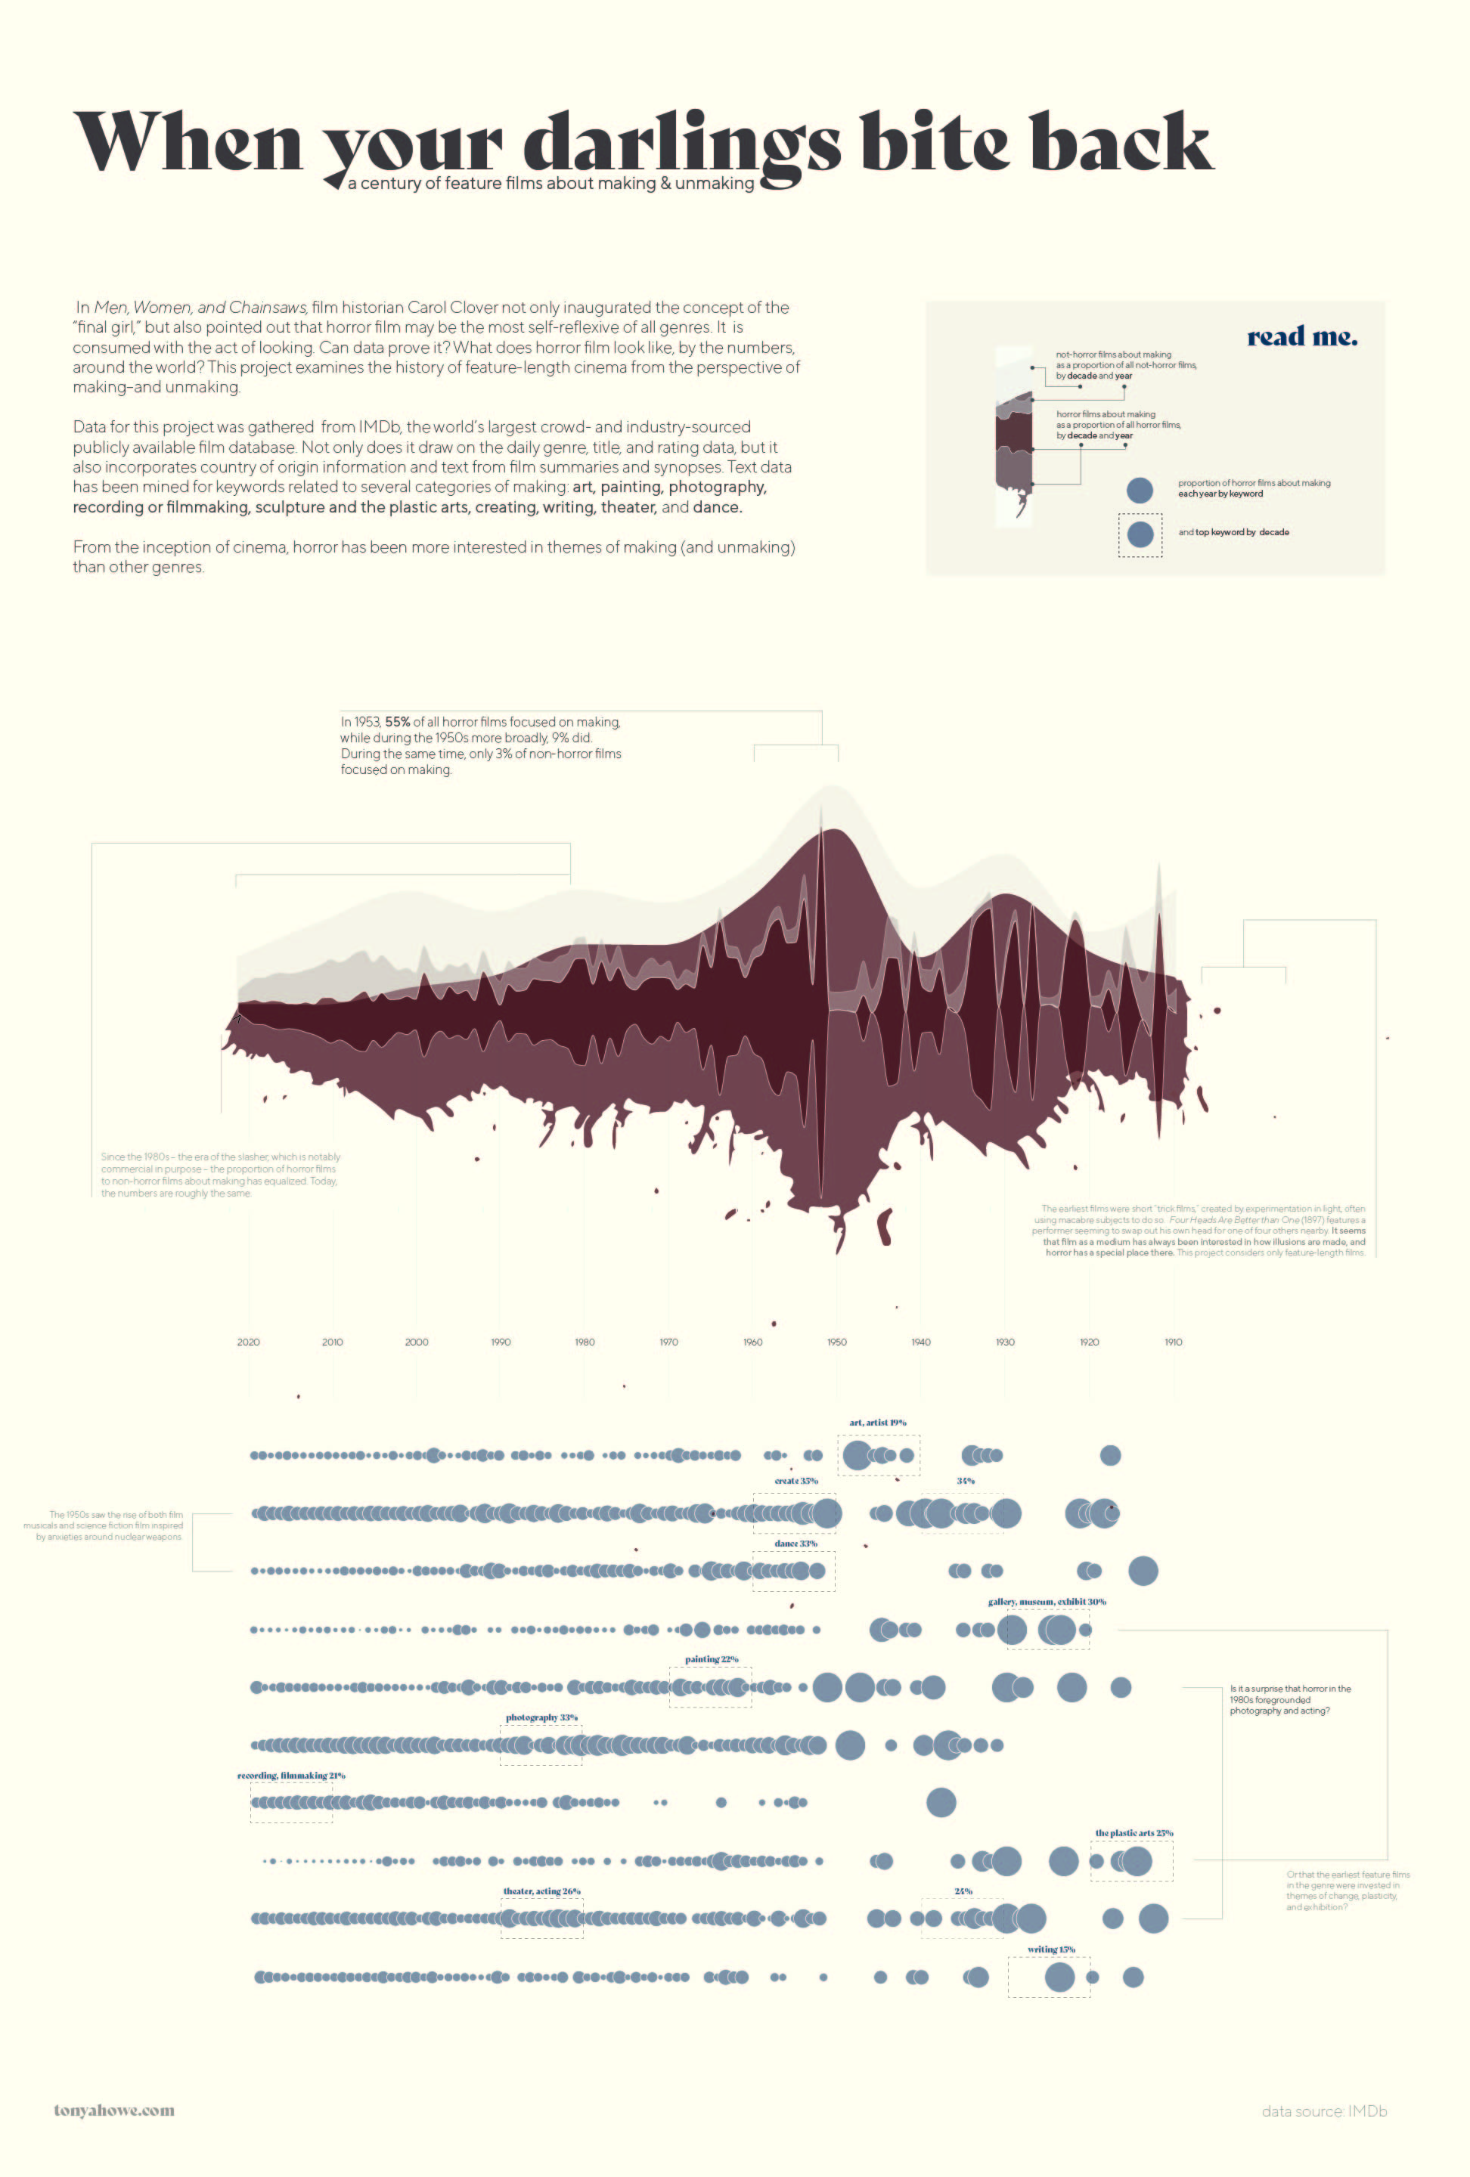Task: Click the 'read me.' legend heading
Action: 1301,337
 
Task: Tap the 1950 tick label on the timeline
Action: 836,1342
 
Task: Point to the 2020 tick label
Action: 248,1342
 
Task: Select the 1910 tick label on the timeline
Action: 1173,1342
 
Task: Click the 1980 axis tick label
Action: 585,1342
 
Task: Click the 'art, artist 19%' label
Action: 878,1423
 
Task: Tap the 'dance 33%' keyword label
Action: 795,1543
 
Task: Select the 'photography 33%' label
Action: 541,1717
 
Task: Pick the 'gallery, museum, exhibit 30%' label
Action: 1047,1602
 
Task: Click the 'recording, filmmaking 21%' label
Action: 291,1775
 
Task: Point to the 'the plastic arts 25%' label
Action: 1134,1833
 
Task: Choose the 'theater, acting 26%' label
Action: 541,1891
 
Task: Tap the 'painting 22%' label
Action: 711,1659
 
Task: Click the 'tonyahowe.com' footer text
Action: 114,2110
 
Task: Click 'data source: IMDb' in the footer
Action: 1324,2111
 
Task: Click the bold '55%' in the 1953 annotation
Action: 397,722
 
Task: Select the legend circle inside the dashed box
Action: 1140,534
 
